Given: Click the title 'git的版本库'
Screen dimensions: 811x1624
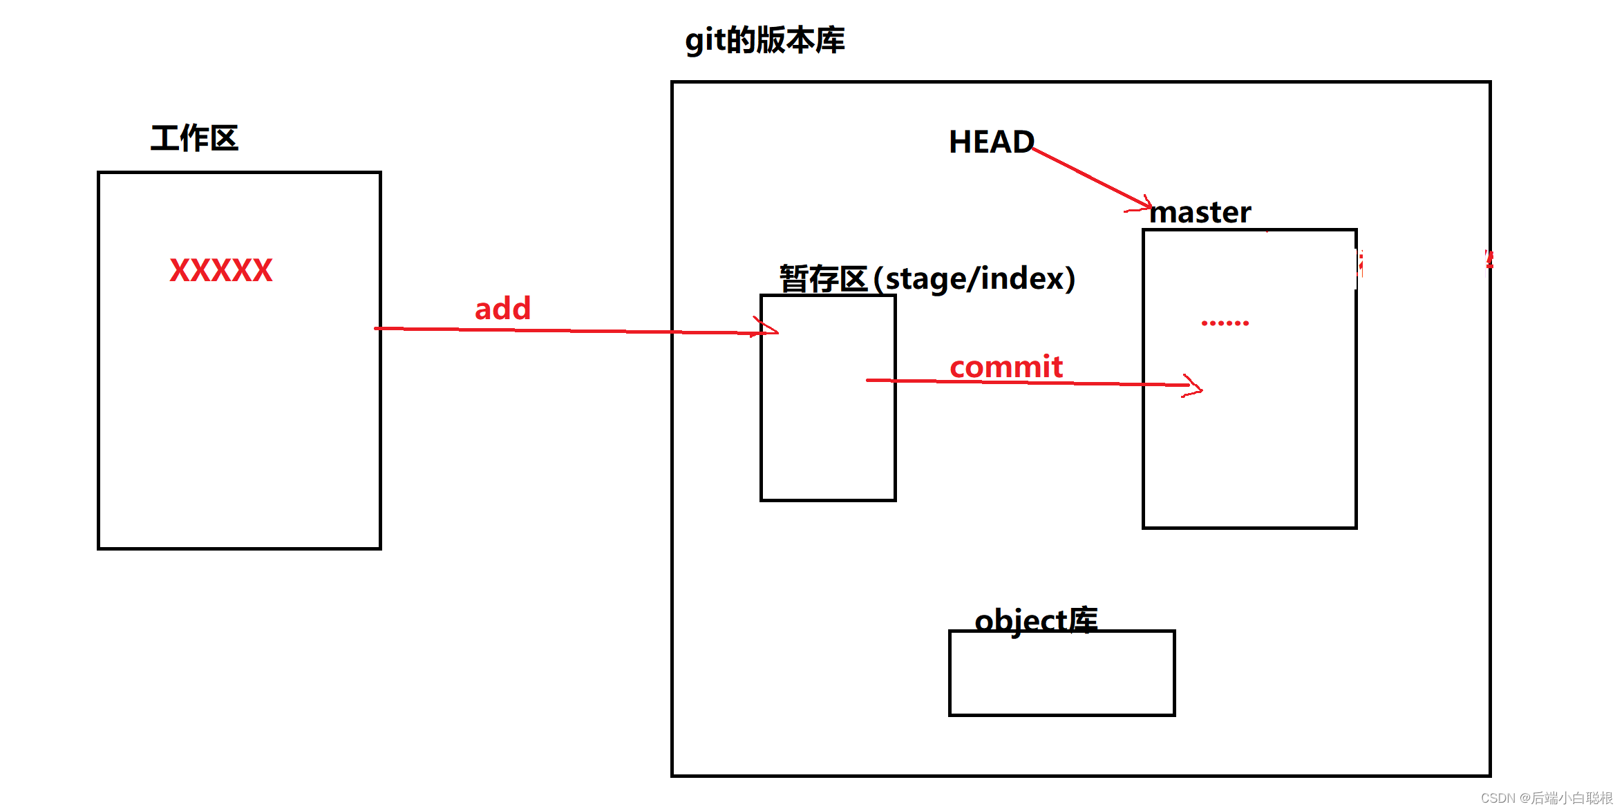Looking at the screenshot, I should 764,40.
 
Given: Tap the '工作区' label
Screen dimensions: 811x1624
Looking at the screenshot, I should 194,138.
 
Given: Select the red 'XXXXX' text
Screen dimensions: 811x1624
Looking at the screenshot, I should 221,270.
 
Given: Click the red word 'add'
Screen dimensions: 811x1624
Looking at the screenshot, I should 502,308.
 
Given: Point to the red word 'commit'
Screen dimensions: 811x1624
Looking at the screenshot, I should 1005,366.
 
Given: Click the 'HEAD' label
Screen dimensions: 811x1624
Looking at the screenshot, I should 991,142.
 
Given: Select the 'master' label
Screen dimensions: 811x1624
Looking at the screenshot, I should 1200,212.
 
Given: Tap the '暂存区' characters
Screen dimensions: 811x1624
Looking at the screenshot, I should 823,278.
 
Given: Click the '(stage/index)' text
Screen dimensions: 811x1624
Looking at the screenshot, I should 974,278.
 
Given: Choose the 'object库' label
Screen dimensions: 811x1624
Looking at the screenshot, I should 1035,620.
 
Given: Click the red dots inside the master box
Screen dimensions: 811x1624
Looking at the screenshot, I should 1225,323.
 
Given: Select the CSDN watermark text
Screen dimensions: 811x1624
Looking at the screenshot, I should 1546,798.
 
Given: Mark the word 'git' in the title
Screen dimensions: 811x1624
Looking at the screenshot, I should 704,41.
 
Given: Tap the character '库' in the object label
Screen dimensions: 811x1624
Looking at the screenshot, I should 1082,620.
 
